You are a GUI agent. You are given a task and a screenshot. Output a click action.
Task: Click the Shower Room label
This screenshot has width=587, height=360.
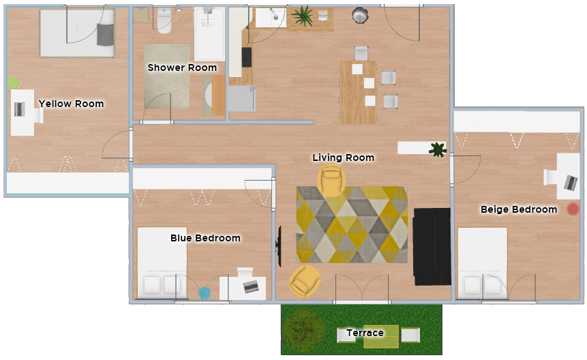click(x=182, y=67)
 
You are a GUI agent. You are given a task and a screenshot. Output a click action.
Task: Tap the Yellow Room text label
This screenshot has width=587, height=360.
click(x=71, y=104)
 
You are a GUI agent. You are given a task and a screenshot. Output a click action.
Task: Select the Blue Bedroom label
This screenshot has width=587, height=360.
click(x=205, y=238)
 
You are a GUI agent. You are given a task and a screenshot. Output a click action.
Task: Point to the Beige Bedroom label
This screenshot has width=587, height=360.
click(x=519, y=209)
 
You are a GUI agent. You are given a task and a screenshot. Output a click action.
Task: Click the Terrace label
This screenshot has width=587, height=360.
click(x=365, y=333)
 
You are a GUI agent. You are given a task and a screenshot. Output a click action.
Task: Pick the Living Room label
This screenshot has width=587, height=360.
click(x=344, y=157)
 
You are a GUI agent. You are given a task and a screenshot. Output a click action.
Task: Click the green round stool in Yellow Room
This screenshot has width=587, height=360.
click(x=14, y=82)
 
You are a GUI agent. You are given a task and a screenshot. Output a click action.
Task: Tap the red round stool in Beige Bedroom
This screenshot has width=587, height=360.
click(x=573, y=209)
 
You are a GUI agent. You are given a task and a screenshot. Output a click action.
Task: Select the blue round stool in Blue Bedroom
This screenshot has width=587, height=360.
click(x=205, y=293)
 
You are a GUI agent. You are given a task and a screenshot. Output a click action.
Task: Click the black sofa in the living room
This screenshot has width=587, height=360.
click(x=432, y=247)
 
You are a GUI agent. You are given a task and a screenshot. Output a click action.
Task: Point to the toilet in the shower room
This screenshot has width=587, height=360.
click(x=164, y=20)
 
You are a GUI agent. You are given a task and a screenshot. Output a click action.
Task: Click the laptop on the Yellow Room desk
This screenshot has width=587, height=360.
click(x=20, y=109)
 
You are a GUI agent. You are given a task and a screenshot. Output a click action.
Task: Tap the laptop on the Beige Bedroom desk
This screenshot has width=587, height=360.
click(x=571, y=183)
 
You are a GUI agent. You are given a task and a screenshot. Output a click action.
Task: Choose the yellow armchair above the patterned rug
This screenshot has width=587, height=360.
click(x=331, y=181)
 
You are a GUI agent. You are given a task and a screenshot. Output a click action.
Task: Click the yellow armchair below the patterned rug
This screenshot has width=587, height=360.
click(x=305, y=281)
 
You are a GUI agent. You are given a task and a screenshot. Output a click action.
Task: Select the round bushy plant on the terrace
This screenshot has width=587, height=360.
click(x=303, y=331)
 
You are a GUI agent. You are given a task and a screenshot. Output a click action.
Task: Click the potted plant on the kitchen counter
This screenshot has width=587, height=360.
click(x=303, y=16)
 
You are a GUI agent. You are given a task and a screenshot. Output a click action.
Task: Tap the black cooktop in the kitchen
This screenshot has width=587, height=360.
click(x=246, y=57)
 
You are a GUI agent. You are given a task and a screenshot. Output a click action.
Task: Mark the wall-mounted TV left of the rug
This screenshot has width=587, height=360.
click(x=279, y=246)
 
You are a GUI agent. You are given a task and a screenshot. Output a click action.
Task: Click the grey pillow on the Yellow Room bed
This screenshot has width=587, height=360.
click(x=105, y=34)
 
